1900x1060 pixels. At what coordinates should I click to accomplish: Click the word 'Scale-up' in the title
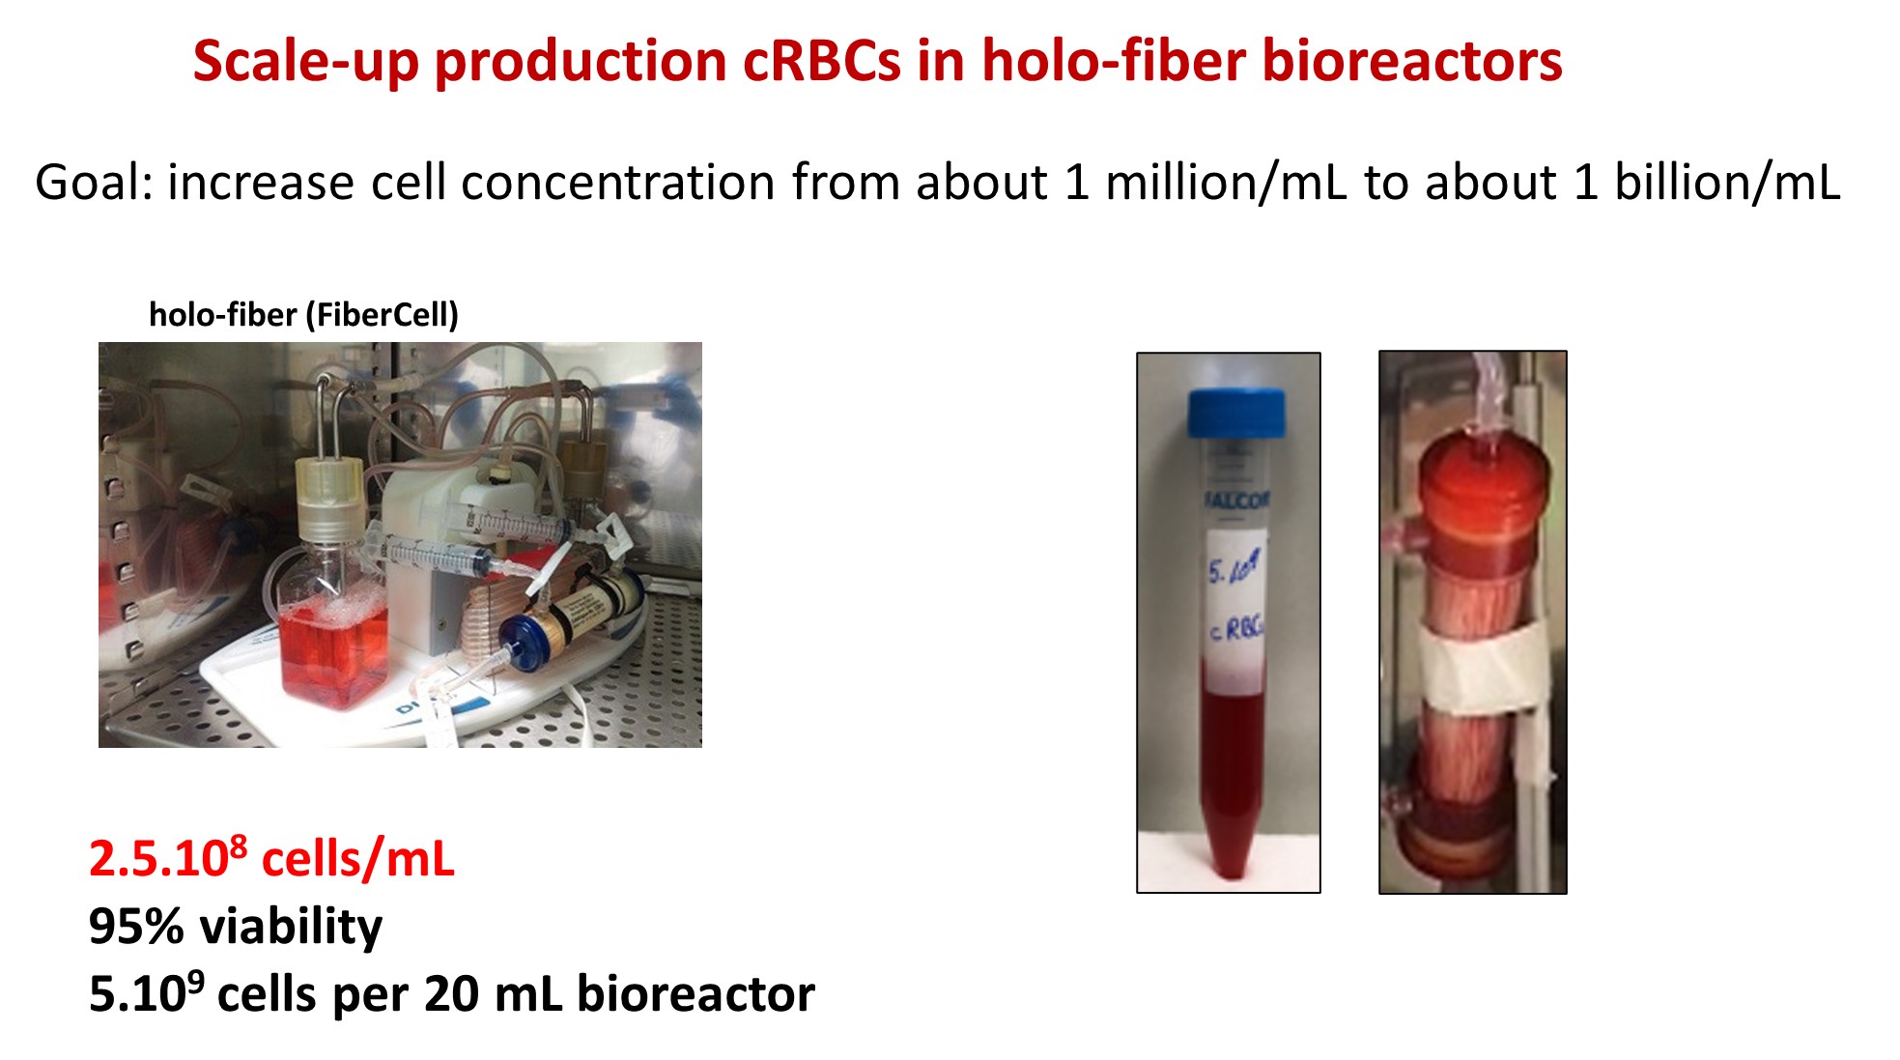point(304,62)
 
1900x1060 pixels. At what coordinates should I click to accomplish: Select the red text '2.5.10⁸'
point(167,858)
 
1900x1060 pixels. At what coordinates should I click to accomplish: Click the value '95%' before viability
point(135,926)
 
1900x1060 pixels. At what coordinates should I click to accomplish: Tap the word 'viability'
point(291,926)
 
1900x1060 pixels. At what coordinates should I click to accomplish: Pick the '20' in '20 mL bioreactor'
point(450,993)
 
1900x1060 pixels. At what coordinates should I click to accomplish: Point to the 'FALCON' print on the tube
point(1236,500)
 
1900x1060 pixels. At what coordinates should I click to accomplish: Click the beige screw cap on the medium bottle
point(328,498)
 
